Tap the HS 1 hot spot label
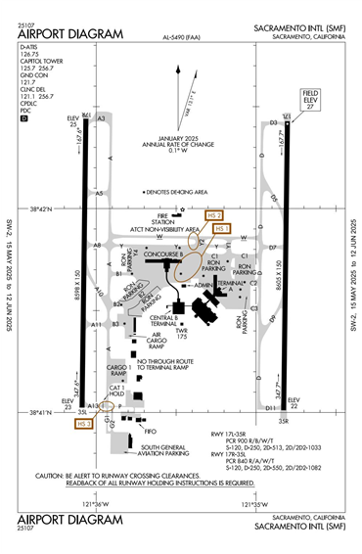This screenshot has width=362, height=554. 222,228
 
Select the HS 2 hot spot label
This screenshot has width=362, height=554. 214,214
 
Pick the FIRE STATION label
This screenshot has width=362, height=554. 170,219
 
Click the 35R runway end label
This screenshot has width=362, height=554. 284,421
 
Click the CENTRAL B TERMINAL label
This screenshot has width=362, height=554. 164,320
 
